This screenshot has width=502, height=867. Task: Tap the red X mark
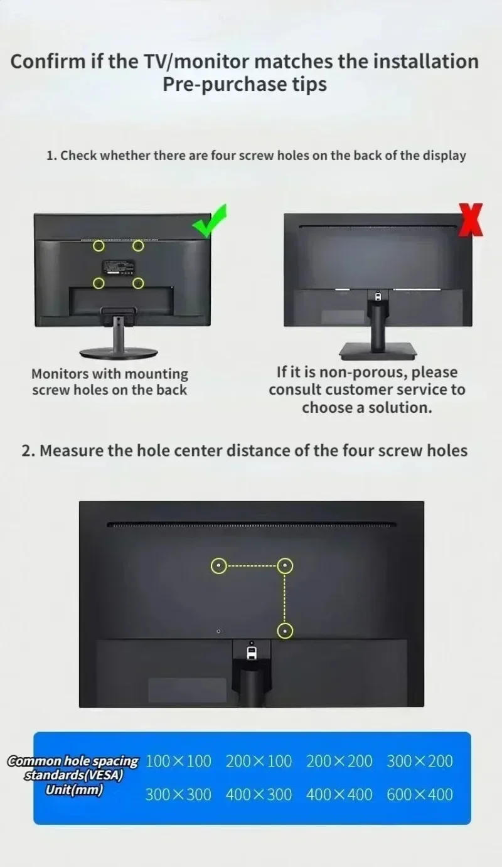pos(471,220)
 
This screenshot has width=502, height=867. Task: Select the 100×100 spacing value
pos(178,762)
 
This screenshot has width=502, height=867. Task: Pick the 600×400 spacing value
pos(419,795)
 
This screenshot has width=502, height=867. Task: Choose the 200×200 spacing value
pos(339,762)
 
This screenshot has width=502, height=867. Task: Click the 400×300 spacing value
pos(259,795)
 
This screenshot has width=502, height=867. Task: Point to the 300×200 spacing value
pos(419,762)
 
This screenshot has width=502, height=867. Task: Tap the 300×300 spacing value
pos(178,795)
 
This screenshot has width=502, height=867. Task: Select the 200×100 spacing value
pos(259,762)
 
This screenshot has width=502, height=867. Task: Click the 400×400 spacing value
pos(339,795)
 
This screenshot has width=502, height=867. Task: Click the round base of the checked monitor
pos(119,352)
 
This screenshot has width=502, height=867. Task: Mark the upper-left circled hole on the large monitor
pos(218,566)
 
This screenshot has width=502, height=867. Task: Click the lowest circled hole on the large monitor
pos(285,631)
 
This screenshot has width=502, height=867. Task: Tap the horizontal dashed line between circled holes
pos(251,566)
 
